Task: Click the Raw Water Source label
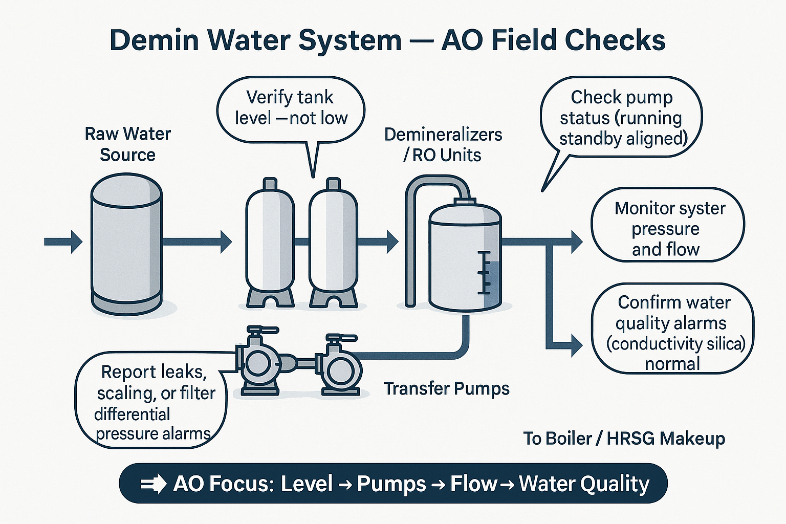pyautogui.click(x=127, y=144)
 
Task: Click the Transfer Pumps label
pyautogui.click(x=446, y=389)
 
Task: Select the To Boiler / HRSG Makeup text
pyautogui.click(x=624, y=439)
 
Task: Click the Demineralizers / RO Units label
pyautogui.click(x=443, y=145)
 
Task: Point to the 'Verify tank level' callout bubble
pyautogui.click(x=291, y=108)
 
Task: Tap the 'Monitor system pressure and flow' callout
pyautogui.click(x=667, y=228)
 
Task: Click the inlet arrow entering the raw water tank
pyautogui.click(x=63, y=242)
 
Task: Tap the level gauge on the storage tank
pyautogui.click(x=484, y=273)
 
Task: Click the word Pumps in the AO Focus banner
pyautogui.click(x=391, y=484)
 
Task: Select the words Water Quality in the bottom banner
pyautogui.click(x=584, y=484)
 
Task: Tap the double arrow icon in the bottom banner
pyautogui.click(x=152, y=484)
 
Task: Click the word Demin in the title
pyautogui.click(x=154, y=40)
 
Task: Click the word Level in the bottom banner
pyautogui.click(x=307, y=484)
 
